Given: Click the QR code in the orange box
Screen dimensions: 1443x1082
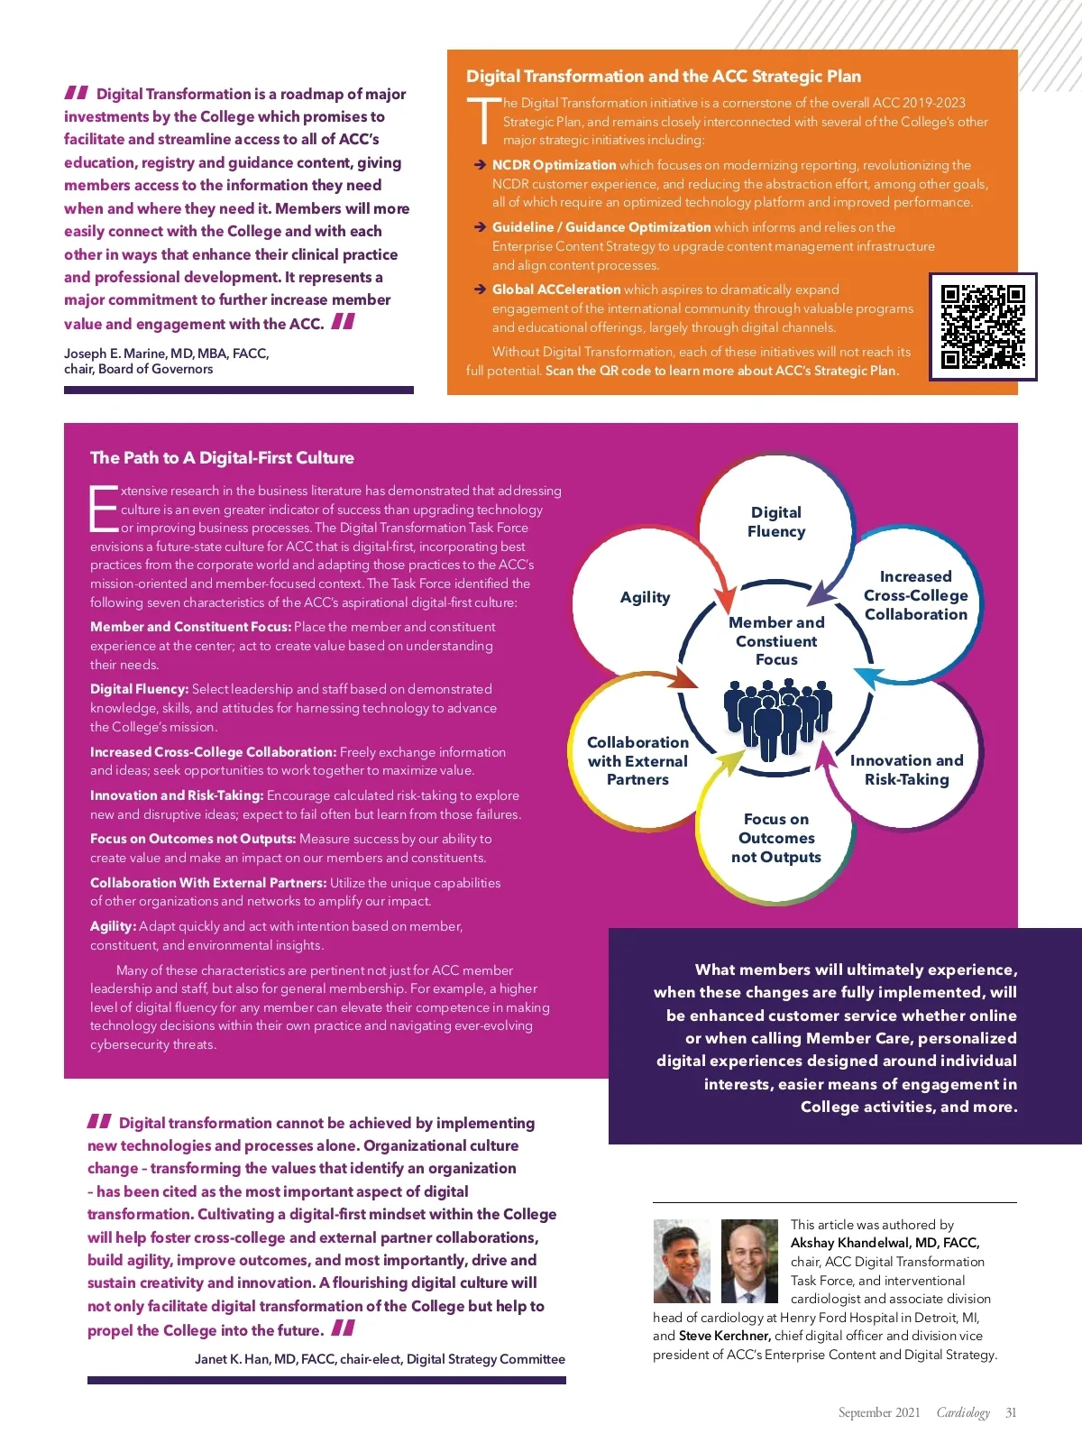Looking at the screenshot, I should click(982, 326).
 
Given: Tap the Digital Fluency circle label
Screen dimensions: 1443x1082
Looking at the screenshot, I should click(776, 521).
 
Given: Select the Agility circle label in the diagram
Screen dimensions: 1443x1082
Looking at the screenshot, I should click(645, 597).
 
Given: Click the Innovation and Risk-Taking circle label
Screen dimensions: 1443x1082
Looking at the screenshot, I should click(906, 770).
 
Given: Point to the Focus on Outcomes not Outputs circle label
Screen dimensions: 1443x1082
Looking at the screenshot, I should click(776, 838).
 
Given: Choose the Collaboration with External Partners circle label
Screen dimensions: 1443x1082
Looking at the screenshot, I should click(637, 760).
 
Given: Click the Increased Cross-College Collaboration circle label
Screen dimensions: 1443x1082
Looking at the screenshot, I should click(915, 595).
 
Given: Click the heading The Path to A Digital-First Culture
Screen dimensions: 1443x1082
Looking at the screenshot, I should click(222, 457).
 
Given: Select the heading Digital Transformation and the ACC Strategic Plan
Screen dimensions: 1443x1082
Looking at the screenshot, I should click(663, 76).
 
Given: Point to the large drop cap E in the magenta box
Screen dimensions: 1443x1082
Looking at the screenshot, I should click(104, 509).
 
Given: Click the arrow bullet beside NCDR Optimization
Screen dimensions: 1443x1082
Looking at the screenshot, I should click(480, 165).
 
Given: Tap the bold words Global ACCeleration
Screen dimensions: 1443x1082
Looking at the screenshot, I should click(555, 290).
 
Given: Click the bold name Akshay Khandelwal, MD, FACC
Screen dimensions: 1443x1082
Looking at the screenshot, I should click(885, 1243).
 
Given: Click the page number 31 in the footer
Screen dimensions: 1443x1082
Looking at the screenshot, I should click(1011, 1412).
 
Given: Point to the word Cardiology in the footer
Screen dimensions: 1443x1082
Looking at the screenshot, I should click(963, 1412).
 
